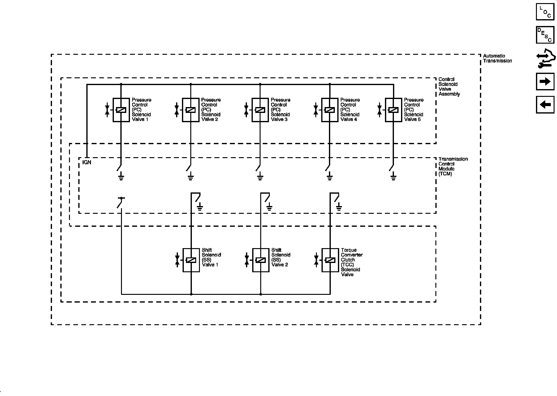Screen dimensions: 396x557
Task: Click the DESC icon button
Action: tap(545, 35)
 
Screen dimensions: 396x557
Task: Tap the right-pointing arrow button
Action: tap(545, 81)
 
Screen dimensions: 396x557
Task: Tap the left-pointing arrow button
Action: tap(545, 105)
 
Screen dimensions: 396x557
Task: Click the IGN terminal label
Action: tap(87, 162)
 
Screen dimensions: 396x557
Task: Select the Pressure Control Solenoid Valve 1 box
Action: tap(121, 110)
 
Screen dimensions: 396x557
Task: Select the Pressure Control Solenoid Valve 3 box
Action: tap(260, 110)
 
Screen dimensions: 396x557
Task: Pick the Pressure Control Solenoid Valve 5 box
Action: tap(393, 110)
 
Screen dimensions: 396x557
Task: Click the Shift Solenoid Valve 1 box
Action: tap(191, 260)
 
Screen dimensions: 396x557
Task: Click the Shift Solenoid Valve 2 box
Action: tap(261, 260)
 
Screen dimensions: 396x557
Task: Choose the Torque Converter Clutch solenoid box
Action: tap(330, 260)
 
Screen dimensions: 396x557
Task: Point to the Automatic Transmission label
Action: tap(497, 58)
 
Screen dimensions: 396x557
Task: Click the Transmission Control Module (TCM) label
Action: tap(453, 166)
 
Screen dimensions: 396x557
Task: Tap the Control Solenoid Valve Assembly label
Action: tap(449, 87)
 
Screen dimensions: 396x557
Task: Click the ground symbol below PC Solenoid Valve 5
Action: tap(393, 177)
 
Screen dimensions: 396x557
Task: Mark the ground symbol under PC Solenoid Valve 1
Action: tap(121, 177)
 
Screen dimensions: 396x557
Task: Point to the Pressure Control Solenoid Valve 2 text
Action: tap(211, 110)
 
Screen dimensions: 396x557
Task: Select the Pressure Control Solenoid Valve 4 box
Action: tap(330, 110)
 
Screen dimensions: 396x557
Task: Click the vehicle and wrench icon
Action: tap(546, 58)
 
